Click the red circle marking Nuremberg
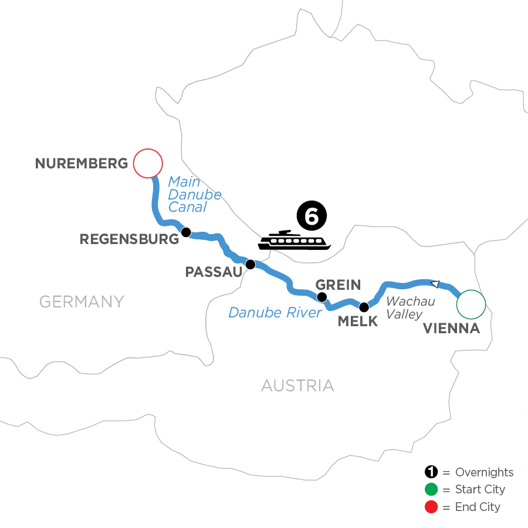(x=148, y=163)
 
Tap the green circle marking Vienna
(x=471, y=304)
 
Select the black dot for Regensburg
(x=186, y=232)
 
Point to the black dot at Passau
(x=251, y=264)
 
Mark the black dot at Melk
(x=364, y=306)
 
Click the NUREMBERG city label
(x=82, y=163)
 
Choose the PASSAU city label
(x=213, y=272)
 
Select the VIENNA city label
(x=451, y=329)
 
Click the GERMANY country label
(x=82, y=302)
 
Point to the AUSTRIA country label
(x=297, y=385)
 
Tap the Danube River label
(x=275, y=312)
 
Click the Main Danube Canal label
(x=194, y=194)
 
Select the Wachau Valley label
(x=411, y=308)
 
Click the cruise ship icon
(x=294, y=241)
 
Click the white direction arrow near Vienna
(x=435, y=284)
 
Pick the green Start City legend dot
(x=431, y=489)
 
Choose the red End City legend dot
(x=431, y=506)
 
